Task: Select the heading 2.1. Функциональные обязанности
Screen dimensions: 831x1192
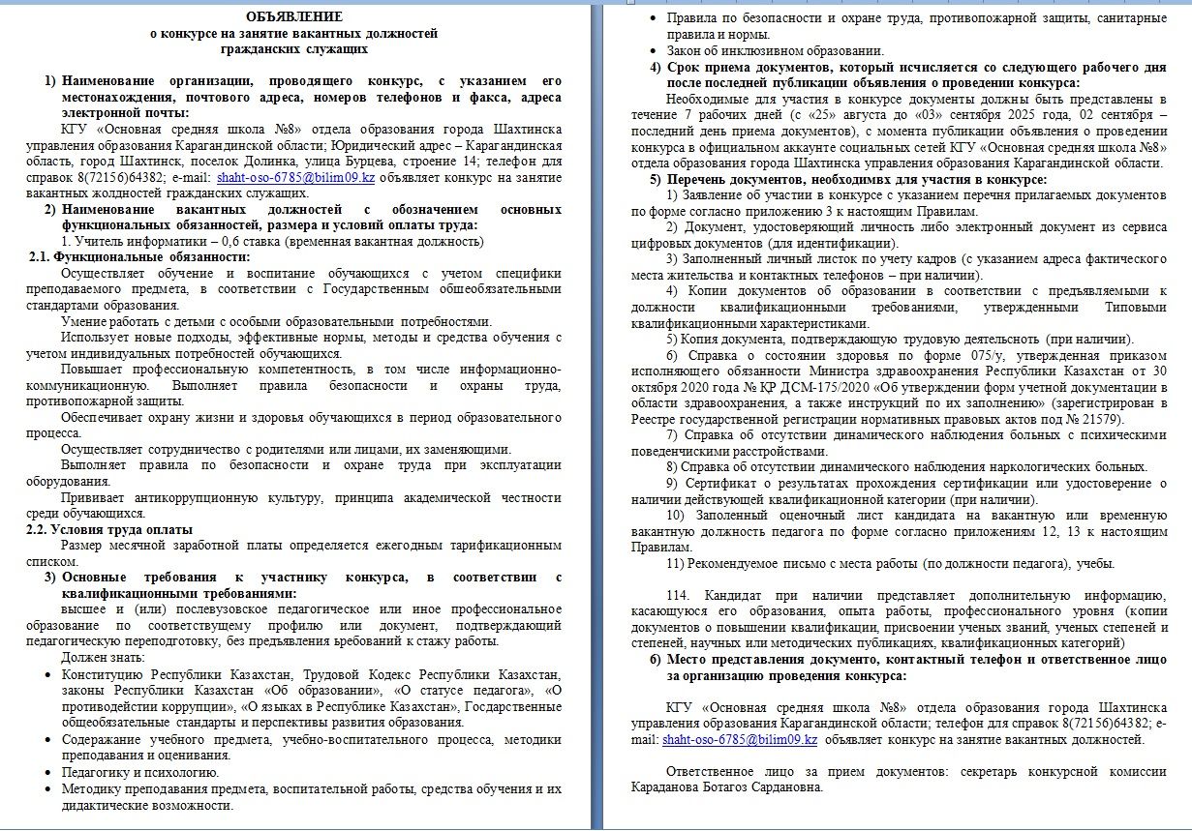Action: [138, 256]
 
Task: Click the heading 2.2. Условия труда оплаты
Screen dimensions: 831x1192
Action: [108, 529]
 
